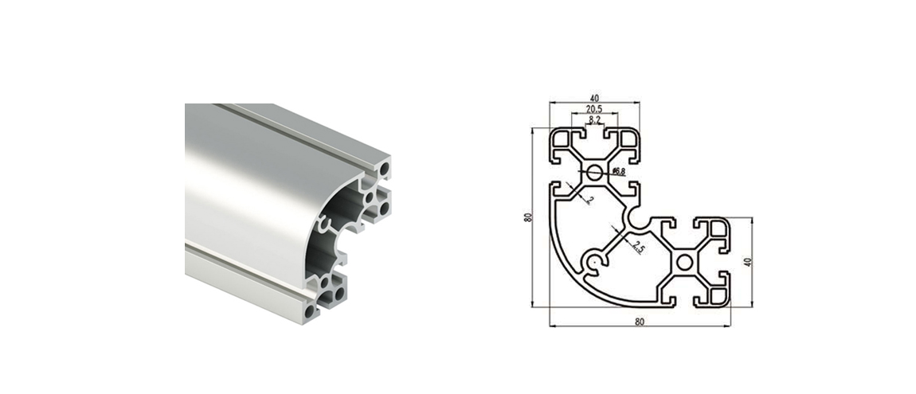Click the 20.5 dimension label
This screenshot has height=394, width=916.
coord(594,108)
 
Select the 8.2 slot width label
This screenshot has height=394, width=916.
coord(595,119)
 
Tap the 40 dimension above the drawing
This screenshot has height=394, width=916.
coord(595,98)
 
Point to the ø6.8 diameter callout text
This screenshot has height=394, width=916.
coord(619,172)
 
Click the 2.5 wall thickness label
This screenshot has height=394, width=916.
coord(639,248)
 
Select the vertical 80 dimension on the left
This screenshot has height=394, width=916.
coord(528,217)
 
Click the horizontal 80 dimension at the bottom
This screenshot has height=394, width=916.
coord(640,322)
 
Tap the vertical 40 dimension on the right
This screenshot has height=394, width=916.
coord(747,262)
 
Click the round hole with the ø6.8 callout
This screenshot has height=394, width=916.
coord(595,172)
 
